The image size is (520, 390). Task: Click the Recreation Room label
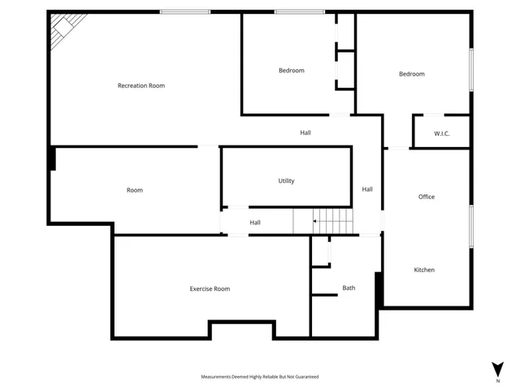(x=141, y=85)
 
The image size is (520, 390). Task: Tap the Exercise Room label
(x=210, y=288)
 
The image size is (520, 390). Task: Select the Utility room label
(x=286, y=181)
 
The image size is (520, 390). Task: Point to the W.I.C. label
(x=442, y=133)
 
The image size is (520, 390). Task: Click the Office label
(x=427, y=197)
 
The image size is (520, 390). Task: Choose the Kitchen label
(x=424, y=270)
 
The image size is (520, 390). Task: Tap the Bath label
(x=349, y=288)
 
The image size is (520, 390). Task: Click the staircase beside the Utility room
(x=333, y=219)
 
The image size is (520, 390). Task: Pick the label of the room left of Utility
(x=135, y=190)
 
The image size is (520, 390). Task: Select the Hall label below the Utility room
(x=255, y=223)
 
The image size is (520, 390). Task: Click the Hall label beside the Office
(x=367, y=189)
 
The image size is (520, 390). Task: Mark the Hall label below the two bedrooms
(x=305, y=132)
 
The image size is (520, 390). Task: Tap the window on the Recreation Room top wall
(x=184, y=12)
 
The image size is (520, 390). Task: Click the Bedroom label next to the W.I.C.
(x=411, y=74)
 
